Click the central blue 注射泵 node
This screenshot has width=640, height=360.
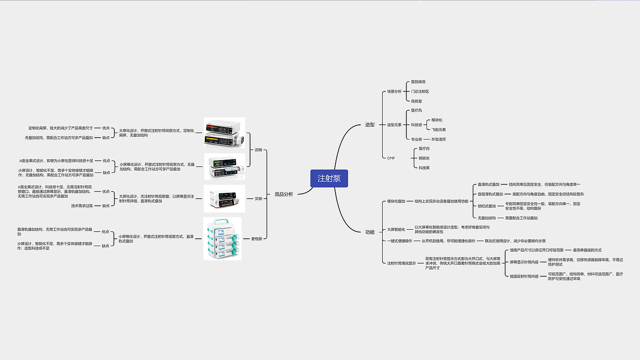329,178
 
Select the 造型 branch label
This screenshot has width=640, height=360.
370,124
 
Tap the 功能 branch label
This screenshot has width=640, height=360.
370,232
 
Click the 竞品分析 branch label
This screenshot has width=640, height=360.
283,194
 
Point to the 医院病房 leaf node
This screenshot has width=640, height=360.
418,82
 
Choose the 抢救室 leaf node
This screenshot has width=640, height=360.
416,101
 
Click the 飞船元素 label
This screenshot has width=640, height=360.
438,129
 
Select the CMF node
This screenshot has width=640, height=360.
391,158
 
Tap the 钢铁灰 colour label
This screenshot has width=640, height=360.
424,158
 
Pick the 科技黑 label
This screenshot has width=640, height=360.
424,168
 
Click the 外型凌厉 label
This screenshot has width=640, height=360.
438,139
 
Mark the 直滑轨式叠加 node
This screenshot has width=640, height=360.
488,184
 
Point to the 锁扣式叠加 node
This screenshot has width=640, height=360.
486,206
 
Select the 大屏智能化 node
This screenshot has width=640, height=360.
396,229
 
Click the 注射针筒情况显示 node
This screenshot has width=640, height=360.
401,263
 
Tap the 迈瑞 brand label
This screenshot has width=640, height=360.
259,150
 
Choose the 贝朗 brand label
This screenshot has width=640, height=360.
259,199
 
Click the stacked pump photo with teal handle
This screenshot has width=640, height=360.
222,239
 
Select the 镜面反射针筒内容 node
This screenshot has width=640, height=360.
524,276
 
